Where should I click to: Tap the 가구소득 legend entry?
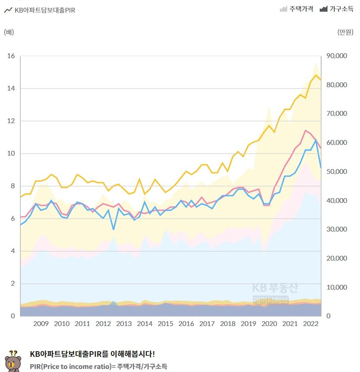[336, 9]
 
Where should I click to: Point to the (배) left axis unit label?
[9, 32]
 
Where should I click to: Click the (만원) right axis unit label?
[345, 32]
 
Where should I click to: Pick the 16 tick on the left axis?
[11, 56]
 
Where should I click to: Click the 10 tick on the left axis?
[11, 153]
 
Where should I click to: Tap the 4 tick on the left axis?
[13, 251]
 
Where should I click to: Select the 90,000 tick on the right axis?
[336, 56]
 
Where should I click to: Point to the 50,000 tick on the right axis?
[336, 172]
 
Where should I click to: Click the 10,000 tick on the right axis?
[336, 287]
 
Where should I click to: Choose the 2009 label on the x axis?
[41, 324]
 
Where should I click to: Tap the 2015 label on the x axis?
[165, 324]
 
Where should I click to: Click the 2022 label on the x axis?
[311, 324]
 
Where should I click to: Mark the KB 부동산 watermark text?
[276, 287]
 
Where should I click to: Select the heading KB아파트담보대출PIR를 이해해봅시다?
[92, 354]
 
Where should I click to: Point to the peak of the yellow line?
[316, 75]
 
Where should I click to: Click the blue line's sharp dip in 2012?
[114, 229]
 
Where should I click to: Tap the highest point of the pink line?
[306, 130]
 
